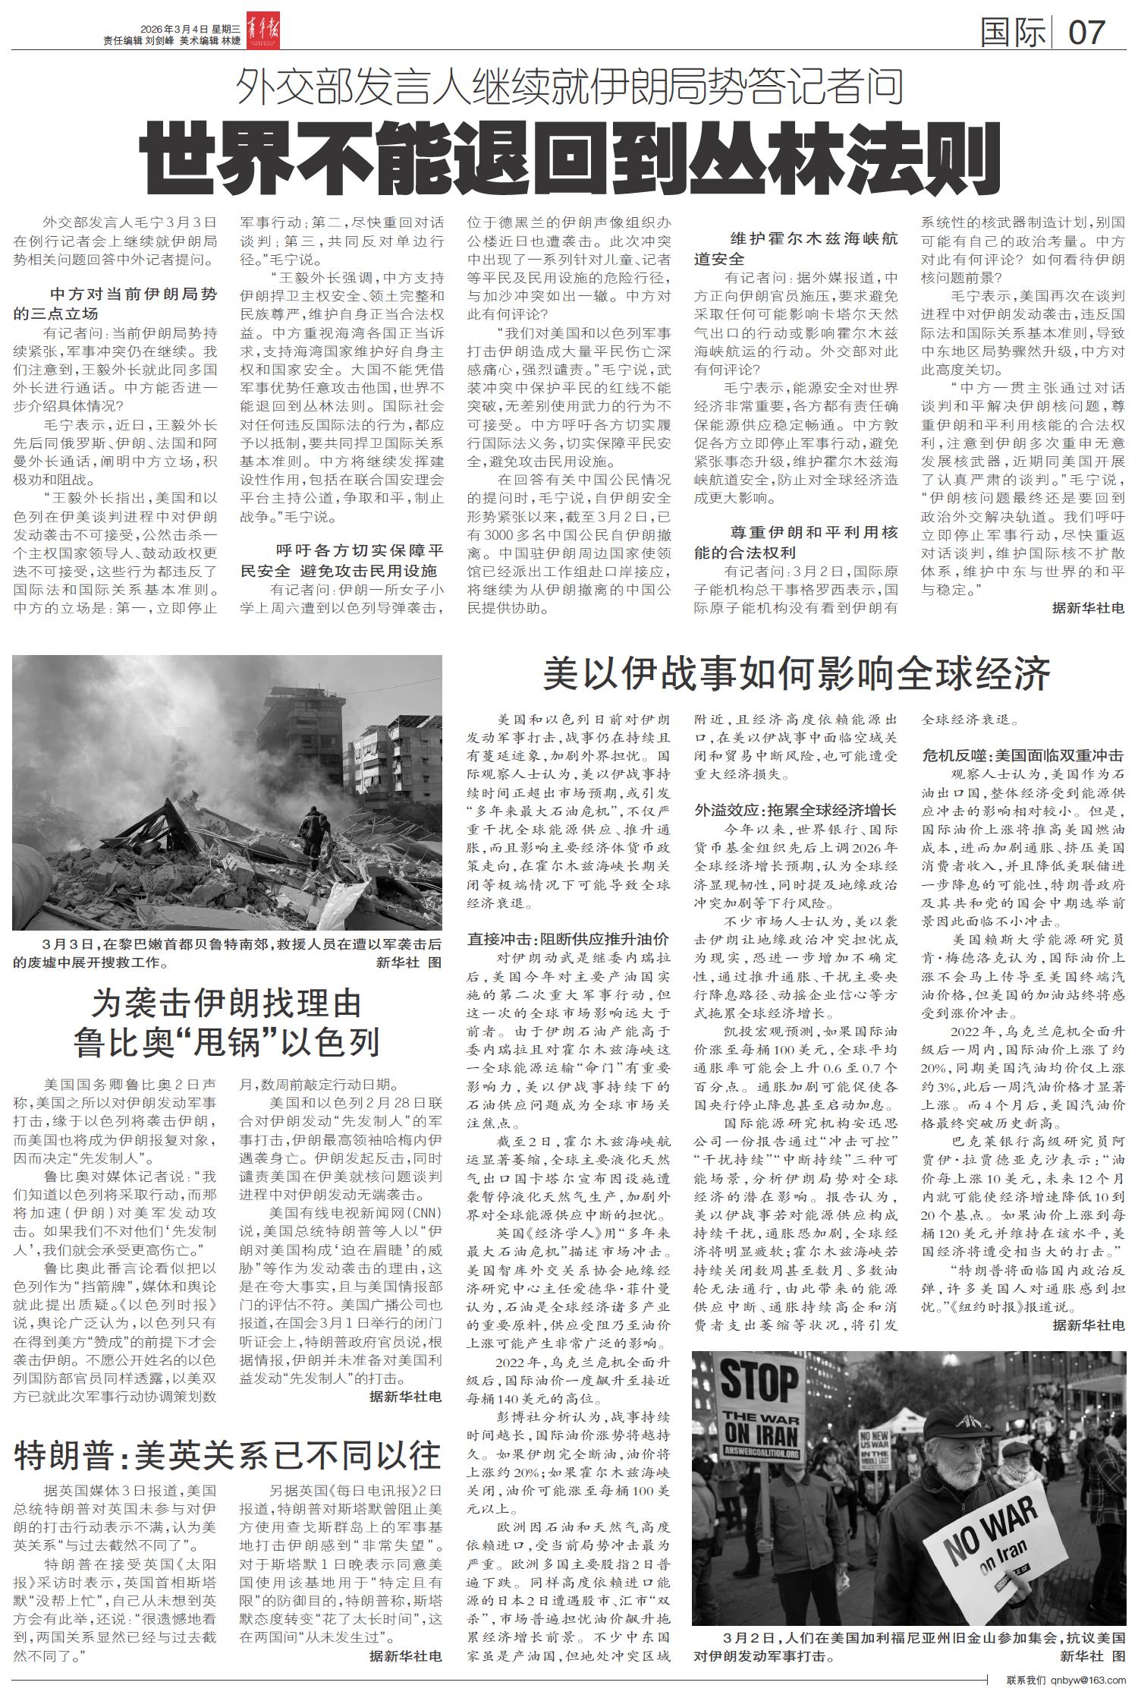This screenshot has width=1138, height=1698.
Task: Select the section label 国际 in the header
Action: [1012, 33]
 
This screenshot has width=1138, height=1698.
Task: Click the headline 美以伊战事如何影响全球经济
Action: [796, 672]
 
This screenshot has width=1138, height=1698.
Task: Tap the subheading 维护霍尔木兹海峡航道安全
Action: [796, 248]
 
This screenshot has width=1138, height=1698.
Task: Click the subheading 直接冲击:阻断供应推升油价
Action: [568, 937]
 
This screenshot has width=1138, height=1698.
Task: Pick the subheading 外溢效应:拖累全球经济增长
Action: [796, 809]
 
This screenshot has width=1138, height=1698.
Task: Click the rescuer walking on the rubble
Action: [312, 835]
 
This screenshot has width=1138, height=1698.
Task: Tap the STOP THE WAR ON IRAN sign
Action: [759, 1407]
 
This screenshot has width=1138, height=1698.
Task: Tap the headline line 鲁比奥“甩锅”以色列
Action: [227, 1042]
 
